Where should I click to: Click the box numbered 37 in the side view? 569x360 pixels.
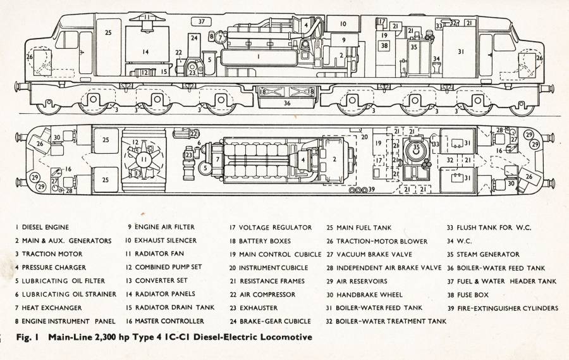202,22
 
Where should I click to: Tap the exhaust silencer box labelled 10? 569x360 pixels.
343,24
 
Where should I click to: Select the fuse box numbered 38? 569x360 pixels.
384,46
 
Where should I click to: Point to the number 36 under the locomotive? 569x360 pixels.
287,103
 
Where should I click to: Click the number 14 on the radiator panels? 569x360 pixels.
145,52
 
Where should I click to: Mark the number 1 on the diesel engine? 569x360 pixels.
259,56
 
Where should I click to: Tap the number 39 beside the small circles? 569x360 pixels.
371,189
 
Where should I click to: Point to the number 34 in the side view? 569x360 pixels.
437,58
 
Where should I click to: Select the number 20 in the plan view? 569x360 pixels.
364,137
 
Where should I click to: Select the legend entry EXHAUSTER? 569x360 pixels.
259,308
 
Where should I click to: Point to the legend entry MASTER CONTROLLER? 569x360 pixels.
169,321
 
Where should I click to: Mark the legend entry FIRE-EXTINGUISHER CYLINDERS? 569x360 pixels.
508,308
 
